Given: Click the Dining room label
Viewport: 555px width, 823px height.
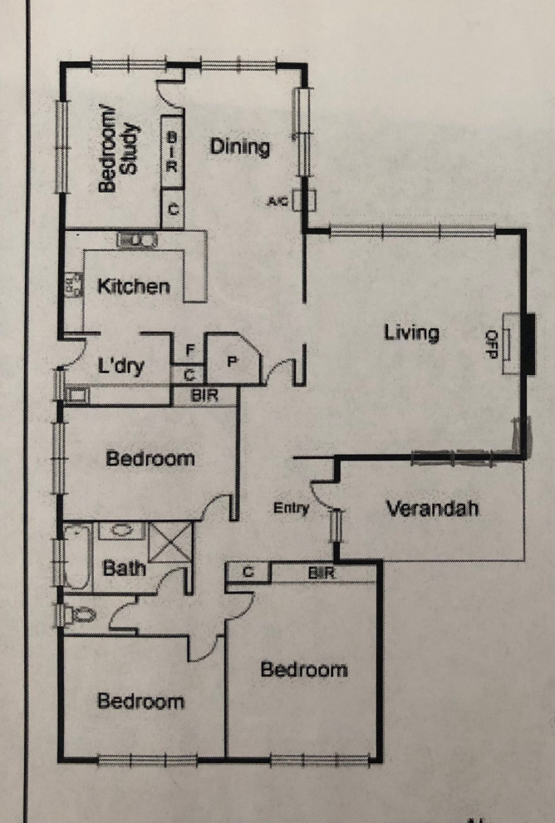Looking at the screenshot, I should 239,147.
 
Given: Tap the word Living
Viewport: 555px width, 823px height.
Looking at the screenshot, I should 410,333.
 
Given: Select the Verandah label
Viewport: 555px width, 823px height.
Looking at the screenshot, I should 432,508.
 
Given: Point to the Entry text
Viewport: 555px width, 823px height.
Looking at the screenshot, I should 291,509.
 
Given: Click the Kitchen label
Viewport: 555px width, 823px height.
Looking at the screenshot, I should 134,287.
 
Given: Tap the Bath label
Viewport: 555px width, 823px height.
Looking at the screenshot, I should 124,569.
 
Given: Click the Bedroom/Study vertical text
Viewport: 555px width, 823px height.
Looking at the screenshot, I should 120,153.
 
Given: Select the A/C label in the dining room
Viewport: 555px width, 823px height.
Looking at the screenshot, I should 277,201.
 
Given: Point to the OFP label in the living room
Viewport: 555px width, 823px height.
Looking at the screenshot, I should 490,344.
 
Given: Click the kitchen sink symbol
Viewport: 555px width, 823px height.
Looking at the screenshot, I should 136,240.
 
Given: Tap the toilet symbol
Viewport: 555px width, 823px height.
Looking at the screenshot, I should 80,616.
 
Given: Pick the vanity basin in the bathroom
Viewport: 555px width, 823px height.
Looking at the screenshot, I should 122,530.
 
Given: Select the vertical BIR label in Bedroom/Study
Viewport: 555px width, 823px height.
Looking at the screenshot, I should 172,150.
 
